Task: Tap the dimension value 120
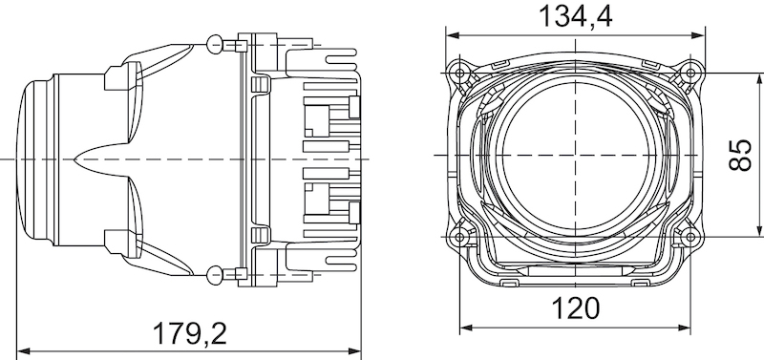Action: pos(576,307)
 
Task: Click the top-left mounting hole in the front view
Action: pos(461,72)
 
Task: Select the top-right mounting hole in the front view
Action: pos(690,72)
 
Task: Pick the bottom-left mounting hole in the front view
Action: pos(461,235)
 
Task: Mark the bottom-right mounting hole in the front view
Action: pos(690,235)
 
